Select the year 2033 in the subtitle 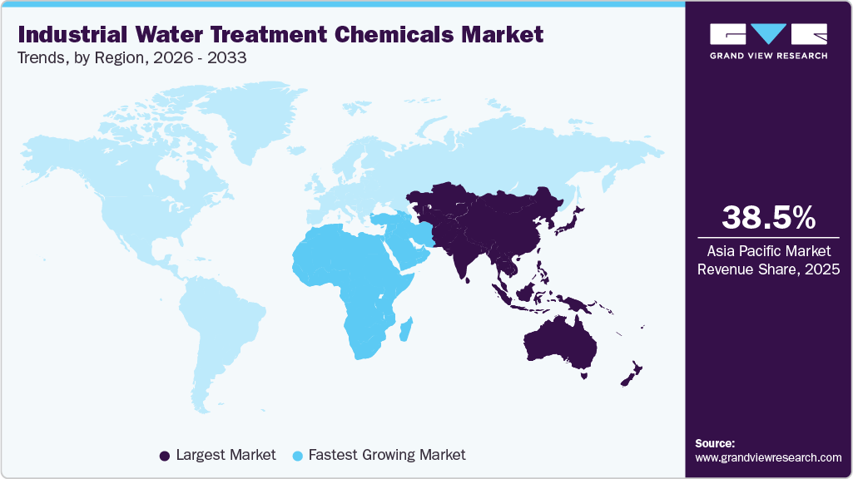pos(231,58)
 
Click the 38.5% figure pos(768,217)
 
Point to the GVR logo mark pos(768,34)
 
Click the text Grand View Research pos(768,56)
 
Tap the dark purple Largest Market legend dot pos(165,456)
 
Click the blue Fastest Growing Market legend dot pos(299,456)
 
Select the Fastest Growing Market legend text pos(386,455)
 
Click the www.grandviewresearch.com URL pos(768,457)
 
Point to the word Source pos(715,443)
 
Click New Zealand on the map pos(631,374)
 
